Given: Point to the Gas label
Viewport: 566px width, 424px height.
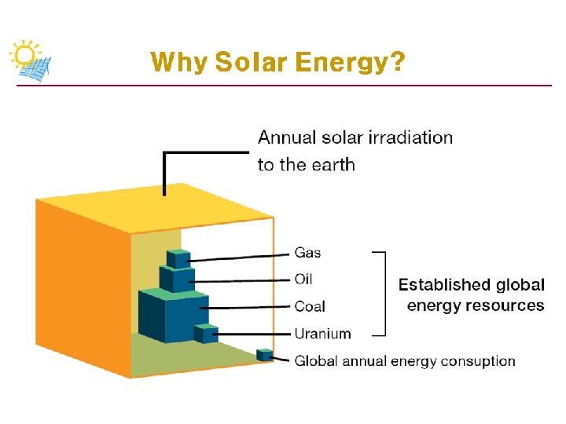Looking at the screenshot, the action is click(307, 253).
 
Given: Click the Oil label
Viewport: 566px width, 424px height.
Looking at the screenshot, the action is click(303, 280).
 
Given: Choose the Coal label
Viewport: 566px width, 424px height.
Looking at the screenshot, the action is click(310, 306).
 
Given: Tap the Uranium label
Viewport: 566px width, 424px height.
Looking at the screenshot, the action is click(322, 334).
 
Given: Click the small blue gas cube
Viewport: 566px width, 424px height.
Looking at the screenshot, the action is click(178, 259).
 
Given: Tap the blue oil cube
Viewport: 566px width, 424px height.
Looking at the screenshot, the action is click(178, 280).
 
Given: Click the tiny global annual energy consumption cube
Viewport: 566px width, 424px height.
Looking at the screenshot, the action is click(265, 356).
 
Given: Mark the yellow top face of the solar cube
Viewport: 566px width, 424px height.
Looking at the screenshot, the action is click(157, 207).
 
